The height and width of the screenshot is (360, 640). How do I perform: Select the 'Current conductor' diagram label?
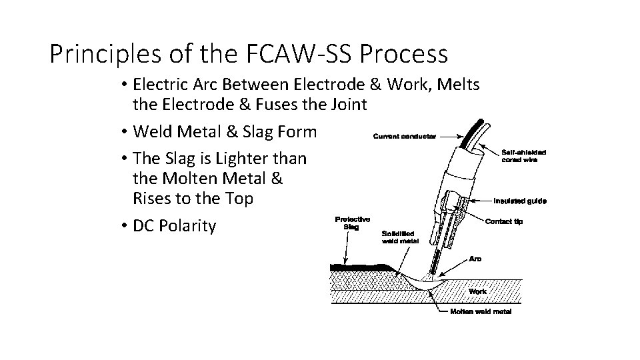[404, 137]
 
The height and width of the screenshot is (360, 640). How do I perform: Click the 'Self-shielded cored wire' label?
[524, 156]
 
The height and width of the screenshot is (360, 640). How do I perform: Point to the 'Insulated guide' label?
[520, 201]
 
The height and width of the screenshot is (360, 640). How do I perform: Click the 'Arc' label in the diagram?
[476, 257]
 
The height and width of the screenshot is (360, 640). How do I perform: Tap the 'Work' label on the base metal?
[477, 291]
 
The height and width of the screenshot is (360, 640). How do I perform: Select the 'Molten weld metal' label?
[481, 312]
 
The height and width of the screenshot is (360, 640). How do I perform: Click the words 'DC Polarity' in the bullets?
[175, 226]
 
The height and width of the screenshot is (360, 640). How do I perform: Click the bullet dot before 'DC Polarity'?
[124, 227]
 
